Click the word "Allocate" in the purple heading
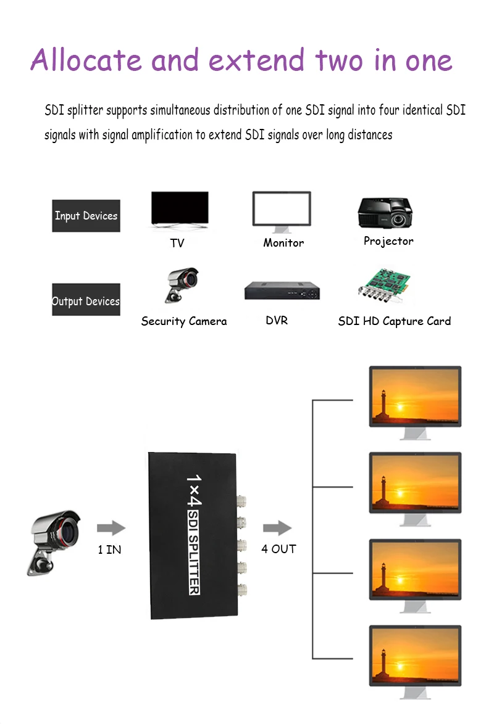point(86,60)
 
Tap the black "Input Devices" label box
point(86,216)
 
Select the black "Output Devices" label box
point(86,300)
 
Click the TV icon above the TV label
point(180,209)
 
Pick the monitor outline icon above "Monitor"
point(282,210)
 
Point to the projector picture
point(385,213)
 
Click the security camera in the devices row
point(180,285)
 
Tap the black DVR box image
point(283,290)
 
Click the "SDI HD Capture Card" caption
point(395,321)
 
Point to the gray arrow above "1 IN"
point(111,528)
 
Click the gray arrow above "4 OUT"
point(277,528)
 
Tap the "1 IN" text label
point(109,549)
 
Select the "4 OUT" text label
point(278,549)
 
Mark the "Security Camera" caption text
point(184,321)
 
